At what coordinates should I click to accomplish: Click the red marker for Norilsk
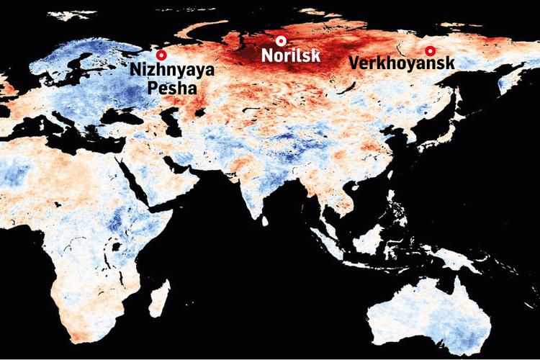click(x=282, y=40)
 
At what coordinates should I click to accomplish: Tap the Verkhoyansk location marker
click(x=430, y=50)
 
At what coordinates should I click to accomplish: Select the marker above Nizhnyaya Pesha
click(x=162, y=54)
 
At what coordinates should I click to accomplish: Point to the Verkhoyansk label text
click(x=401, y=63)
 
